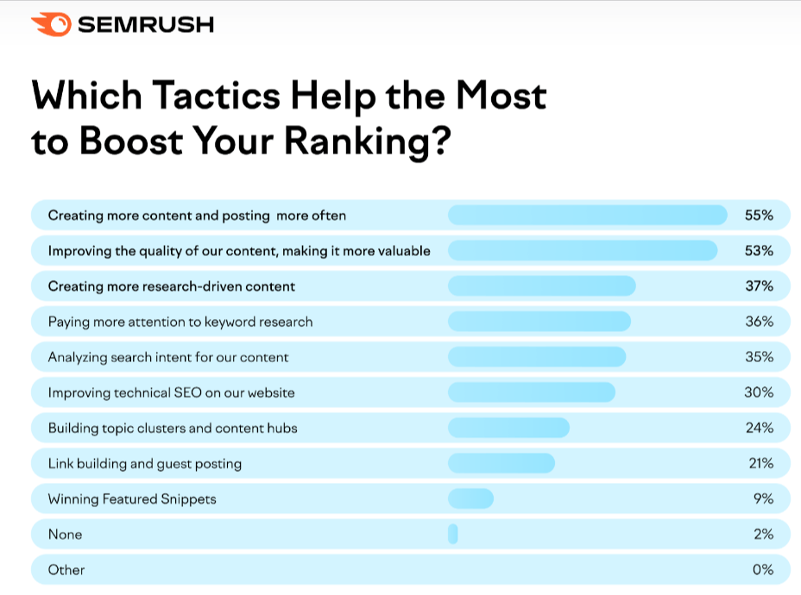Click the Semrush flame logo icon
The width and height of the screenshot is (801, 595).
pos(50,26)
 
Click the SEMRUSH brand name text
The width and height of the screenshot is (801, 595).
pos(145,26)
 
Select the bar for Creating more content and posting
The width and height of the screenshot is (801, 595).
pos(587,216)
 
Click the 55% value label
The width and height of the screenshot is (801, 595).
pos(759,216)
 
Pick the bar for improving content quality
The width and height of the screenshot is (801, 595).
pos(582,251)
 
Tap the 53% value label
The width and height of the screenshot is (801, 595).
pos(759,251)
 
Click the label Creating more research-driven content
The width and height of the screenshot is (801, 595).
pos(171,286)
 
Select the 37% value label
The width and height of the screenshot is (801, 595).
pos(759,286)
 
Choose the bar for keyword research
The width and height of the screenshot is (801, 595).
pos(539,322)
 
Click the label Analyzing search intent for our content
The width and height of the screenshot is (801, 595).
pos(168,357)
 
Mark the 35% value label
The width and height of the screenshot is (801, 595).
pos(759,357)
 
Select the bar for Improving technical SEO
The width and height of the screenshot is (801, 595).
pos(531,392)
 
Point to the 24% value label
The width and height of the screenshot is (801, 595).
pos(759,428)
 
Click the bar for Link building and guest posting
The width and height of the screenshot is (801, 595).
pos(501,463)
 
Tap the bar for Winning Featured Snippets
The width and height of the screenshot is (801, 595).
pos(470,498)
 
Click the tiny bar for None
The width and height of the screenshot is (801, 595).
pos(452,535)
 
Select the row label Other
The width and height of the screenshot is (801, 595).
pos(66,570)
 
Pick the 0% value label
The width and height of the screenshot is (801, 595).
pos(762,570)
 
